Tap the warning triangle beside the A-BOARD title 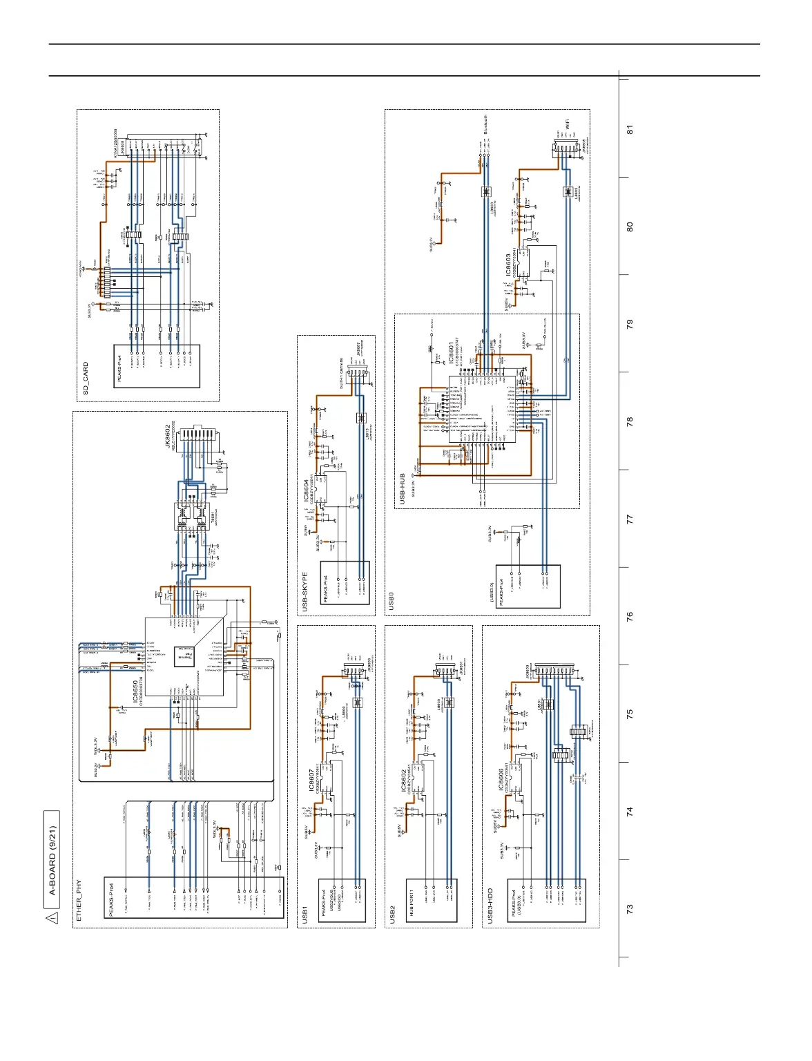[52, 917]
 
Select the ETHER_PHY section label [79, 900]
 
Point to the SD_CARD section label [86, 379]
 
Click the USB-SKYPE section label [305, 591]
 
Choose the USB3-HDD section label [491, 906]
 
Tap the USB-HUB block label [403, 488]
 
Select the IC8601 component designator [452, 353]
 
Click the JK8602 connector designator [168, 437]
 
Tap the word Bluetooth [485, 124]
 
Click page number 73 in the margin [629, 909]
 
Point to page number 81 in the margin [629, 129]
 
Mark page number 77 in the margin [629, 519]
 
